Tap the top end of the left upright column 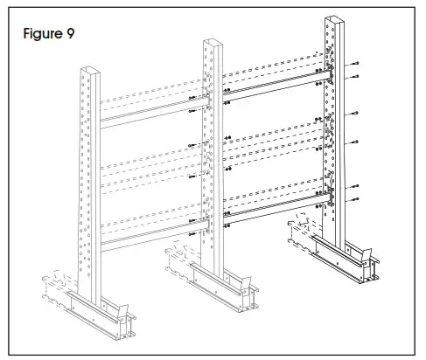[x=87, y=69]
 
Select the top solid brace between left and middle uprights [x=149, y=114]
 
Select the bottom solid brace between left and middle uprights [x=149, y=230]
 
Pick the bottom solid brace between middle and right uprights [x=276, y=202]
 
